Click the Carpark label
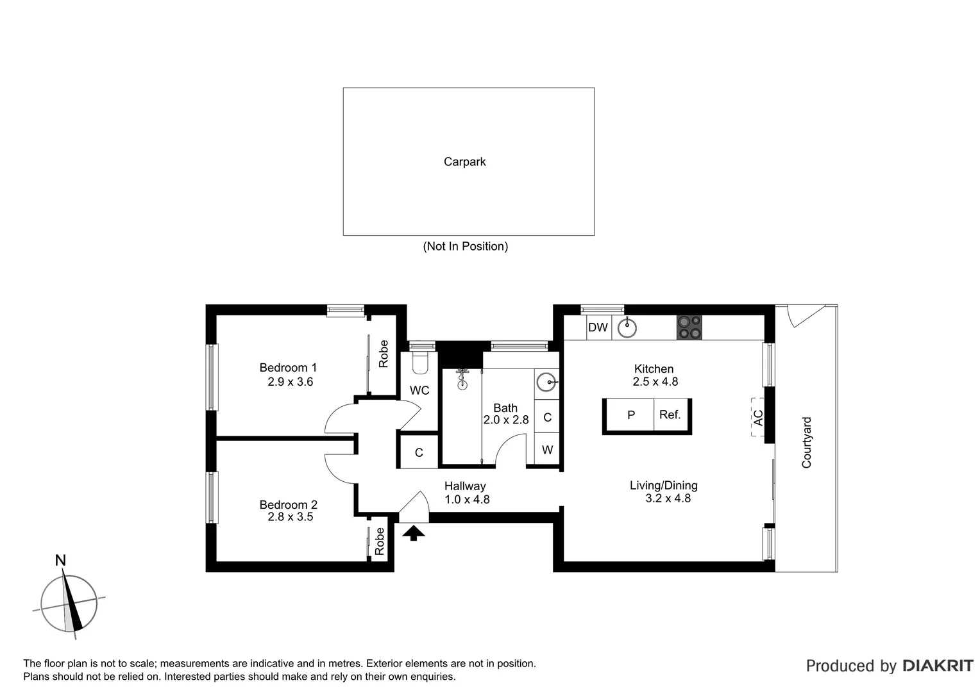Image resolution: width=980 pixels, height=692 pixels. click(464, 162)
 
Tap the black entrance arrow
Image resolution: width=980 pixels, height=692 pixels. click(414, 532)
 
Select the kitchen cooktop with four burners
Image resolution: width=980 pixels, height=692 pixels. click(689, 327)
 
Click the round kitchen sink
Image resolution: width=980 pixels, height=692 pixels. click(627, 328)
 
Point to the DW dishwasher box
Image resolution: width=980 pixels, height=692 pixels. click(598, 327)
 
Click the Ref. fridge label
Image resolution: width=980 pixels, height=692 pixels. click(670, 415)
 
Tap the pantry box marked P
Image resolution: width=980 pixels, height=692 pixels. click(630, 415)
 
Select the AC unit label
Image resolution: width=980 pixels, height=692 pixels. click(758, 418)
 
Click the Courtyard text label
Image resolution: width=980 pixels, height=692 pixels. click(807, 442)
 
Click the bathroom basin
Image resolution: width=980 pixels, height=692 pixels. click(546, 383)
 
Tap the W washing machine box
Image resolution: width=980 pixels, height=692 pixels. click(547, 450)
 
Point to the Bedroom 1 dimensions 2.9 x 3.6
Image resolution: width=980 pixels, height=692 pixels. click(290, 382)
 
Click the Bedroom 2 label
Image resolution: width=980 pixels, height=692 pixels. click(288, 505)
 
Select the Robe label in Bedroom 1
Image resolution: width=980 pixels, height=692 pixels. click(384, 354)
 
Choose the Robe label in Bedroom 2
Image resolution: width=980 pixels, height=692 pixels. click(380, 541)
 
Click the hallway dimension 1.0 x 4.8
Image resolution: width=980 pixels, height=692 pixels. click(467, 499)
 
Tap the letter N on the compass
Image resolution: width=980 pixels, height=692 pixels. click(60, 561)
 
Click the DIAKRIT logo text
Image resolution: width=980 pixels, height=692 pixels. click(938, 666)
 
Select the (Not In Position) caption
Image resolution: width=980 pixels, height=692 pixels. click(465, 246)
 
